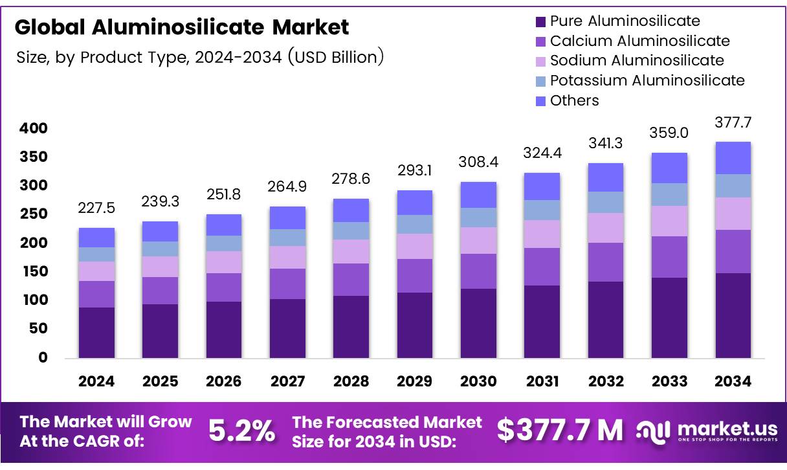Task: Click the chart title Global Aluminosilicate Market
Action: click(x=182, y=27)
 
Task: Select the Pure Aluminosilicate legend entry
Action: click(x=625, y=21)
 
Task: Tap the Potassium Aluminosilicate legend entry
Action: click(x=647, y=80)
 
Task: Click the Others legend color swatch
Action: click(x=541, y=101)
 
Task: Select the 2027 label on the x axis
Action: click(x=287, y=381)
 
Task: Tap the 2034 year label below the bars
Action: click(x=733, y=381)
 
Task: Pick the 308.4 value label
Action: click(x=478, y=162)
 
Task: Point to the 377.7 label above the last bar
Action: click(x=733, y=122)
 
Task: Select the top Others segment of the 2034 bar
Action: click(x=733, y=158)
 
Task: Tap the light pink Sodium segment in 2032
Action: click(x=606, y=228)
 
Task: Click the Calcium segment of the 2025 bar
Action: click(x=160, y=291)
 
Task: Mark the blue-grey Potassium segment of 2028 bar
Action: click(x=351, y=231)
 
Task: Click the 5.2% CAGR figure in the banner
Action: click(x=241, y=431)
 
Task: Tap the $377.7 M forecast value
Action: click(x=559, y=431)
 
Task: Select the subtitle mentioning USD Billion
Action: click(x=201, y=57)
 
